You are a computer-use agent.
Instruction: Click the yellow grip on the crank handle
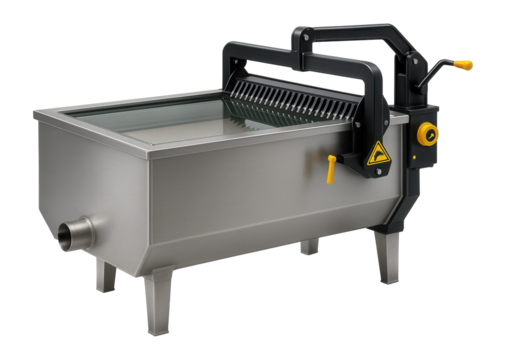click(464, 64)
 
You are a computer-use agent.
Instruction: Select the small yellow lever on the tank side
click(329, 170)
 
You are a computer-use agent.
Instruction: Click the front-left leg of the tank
click(105, 274)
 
